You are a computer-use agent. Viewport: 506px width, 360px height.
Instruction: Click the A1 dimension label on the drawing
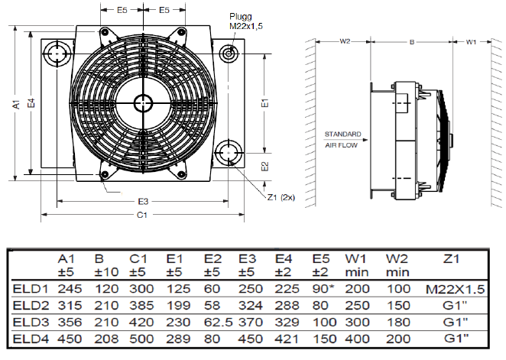(x=15, y=103)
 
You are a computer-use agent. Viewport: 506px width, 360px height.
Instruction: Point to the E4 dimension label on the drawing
(x=31, y=103)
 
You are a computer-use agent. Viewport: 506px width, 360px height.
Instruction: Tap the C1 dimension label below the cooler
(x=142, y=216)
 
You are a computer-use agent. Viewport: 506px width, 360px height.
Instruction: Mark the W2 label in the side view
(x=345, y=40)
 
